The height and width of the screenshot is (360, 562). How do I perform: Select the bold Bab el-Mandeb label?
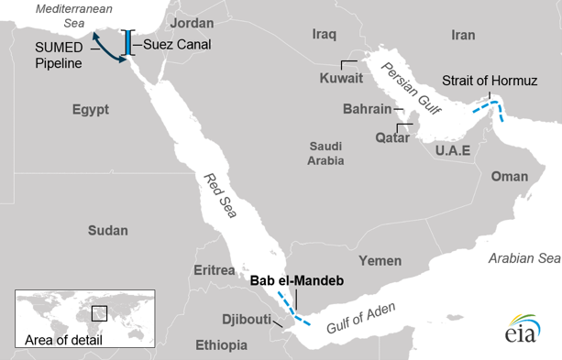[x=296, y=281]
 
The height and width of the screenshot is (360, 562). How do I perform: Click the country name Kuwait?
[x=340, y=79]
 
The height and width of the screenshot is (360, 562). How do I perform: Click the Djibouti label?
[x=247, y=320]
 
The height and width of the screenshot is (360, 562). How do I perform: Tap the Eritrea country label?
[x=215, y=270]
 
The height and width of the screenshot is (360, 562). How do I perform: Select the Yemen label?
[x=380, y=260]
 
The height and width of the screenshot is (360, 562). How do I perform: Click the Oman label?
[x=510, y=176]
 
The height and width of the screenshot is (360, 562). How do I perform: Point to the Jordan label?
[x=192, y=21]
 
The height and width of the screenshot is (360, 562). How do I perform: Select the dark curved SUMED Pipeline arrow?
[x=108, y=48]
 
